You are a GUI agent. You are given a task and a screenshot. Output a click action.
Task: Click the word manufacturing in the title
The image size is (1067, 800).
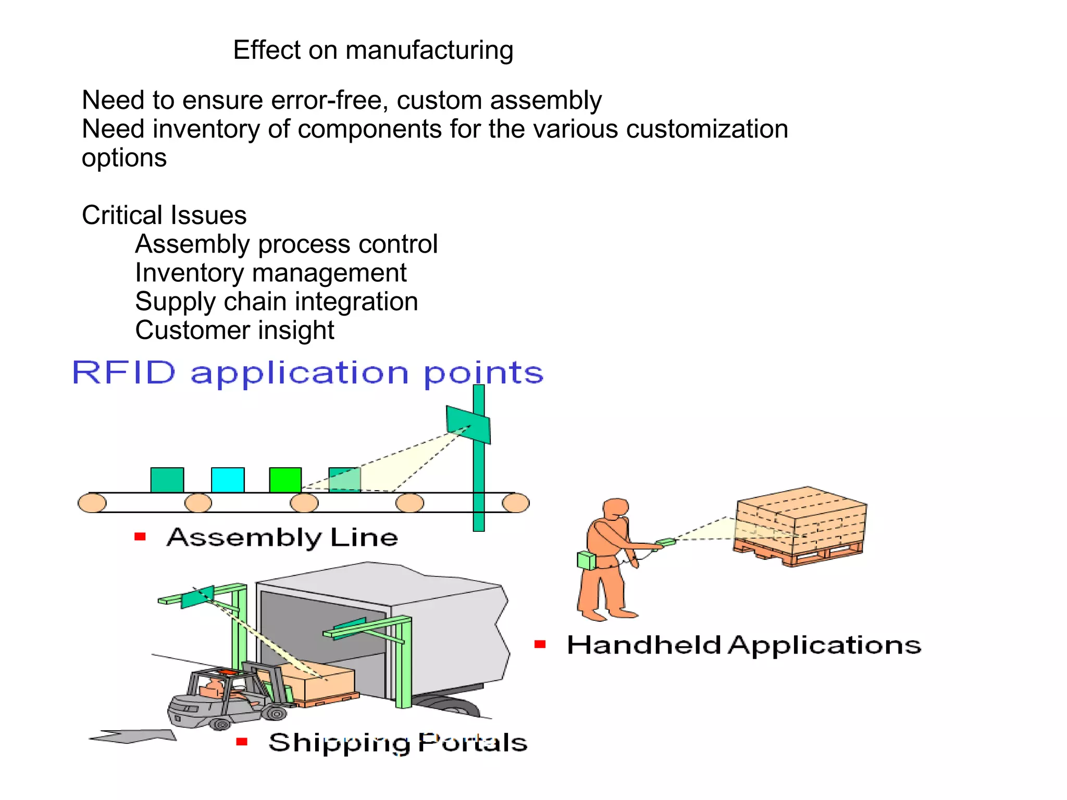[x=429, y=51]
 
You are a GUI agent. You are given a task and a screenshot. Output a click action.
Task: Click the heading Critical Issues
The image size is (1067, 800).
[x=164, y=215]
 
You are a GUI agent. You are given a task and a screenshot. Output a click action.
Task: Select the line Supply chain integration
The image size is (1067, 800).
[x=276, y=302]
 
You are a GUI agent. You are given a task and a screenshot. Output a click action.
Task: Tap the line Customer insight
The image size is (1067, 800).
[x=234, y=330]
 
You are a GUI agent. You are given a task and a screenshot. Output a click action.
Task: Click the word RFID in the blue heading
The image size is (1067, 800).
[x=124, y=373]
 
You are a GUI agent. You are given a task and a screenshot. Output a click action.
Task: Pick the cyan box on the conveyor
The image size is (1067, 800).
[x=228, y=480]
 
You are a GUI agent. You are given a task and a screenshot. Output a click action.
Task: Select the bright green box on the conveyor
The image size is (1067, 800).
[x=285, y=480]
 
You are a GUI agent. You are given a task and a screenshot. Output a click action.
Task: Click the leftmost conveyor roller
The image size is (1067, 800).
[x=92, y=503]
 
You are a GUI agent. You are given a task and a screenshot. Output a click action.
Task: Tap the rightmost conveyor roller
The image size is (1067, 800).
[x=515, y=503]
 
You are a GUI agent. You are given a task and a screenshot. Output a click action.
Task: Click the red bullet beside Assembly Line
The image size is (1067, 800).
[x=140, y=536]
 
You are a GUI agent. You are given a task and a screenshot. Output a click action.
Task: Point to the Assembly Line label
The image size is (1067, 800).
[x=282, y=537]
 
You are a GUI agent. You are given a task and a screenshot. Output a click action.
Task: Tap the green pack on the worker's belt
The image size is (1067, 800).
[x=586, y=560]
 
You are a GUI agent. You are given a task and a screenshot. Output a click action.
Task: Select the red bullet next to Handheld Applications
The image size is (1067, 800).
[x=540, y=644]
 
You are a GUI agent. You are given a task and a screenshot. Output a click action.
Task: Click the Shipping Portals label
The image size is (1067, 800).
[x=398, y=743]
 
